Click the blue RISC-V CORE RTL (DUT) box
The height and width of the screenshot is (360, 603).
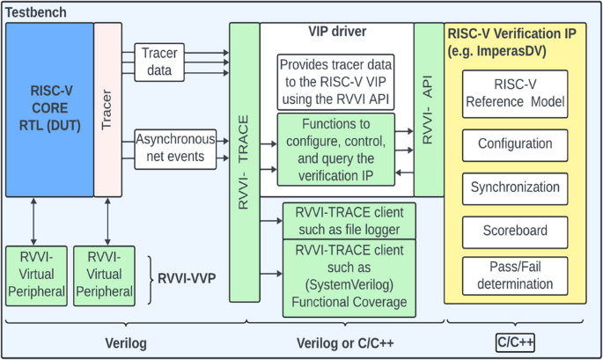pos(49,110)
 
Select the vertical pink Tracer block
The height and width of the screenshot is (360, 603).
pos(107,110)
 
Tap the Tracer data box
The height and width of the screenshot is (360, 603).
pos(159,62)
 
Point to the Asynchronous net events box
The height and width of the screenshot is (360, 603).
pos(175,150)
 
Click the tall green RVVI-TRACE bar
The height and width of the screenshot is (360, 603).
pos(245,162)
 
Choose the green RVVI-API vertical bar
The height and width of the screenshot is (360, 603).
pos(429,110)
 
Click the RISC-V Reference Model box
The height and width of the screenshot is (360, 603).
pos(515,94)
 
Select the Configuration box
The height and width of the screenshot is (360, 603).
pos(515,145)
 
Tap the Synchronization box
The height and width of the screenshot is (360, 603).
pos(515,188)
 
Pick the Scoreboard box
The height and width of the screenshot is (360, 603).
pos(515,231)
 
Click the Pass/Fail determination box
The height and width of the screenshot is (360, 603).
pos(515,276)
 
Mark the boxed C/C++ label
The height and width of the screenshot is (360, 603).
pos(515,342)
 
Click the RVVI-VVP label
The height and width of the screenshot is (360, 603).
pos(187,278)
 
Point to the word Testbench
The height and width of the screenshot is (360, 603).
pos(36,12)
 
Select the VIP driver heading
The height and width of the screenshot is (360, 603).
pos(337,31)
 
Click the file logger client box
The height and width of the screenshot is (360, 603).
pos(349,221)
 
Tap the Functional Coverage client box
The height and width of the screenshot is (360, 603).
pos(349,278)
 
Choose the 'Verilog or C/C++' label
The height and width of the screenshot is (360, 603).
pos(345,343)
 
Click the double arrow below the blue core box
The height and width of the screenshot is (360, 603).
pos(33,222)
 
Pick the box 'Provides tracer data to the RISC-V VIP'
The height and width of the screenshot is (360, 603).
pos(335,82)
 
